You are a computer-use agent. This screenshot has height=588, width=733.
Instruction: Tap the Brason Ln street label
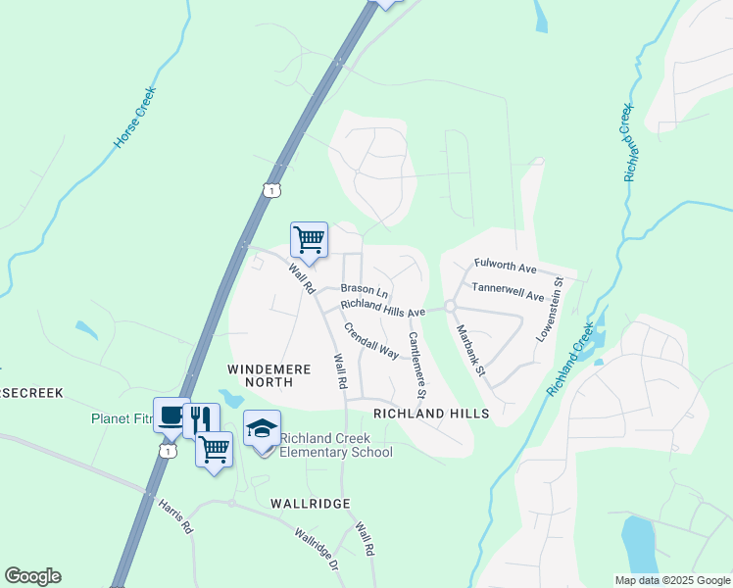(365, 290)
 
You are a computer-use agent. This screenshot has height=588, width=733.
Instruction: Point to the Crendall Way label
(371, 338)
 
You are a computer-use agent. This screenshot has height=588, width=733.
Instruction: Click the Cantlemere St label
(415, 366)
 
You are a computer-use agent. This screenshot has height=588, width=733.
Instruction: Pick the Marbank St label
(471, 351)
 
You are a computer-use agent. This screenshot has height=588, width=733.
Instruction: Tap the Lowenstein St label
(549, 309)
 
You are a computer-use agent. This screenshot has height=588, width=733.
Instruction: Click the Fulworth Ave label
(506, 266)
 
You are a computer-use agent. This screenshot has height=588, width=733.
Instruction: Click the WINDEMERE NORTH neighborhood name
(269, 376)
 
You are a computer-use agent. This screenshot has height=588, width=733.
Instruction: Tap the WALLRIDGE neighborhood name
(310, 503)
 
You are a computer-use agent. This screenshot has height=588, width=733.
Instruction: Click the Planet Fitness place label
(122, 418)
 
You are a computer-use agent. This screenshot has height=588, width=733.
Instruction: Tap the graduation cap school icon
(262, 428)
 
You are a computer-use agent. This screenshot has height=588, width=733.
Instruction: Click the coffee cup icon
(171, 417)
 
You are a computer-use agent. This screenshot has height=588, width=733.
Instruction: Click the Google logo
(32, 576)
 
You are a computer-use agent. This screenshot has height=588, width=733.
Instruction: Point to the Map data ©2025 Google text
(672, 580)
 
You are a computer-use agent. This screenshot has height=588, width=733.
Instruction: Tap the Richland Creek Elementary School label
(336, 445)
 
